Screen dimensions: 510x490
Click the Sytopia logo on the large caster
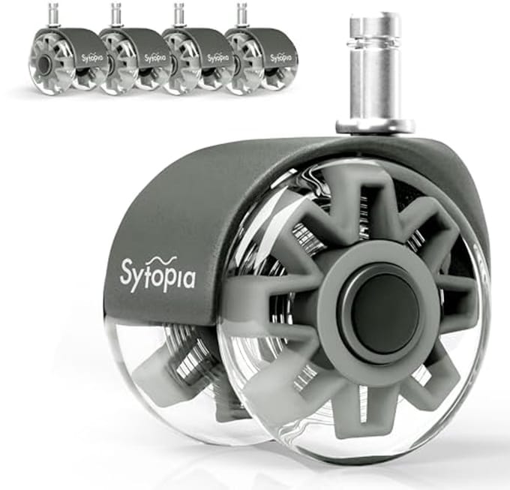[x=157, y=274]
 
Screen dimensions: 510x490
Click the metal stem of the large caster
[x=375, y=74]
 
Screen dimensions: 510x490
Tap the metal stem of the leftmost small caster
[x=52, y=15]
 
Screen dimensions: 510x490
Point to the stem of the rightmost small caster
[x=241, y=15]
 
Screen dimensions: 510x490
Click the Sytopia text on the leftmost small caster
[x=92, y=59]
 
